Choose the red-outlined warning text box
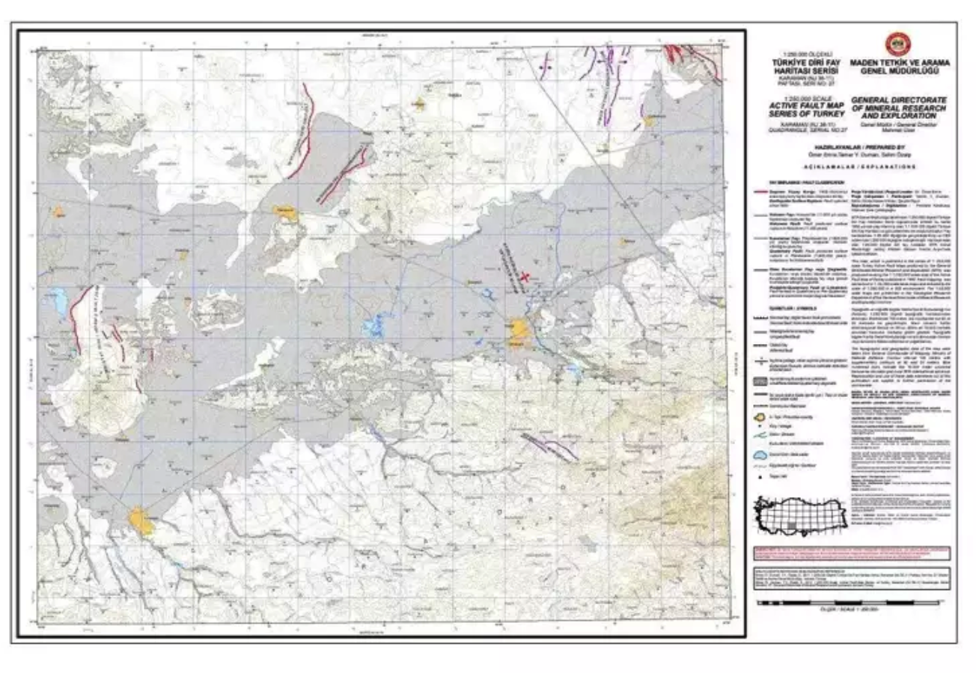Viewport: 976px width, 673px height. coord(851,553)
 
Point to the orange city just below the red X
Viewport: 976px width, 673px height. coord(517,329)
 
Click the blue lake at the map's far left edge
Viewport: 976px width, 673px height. coord(58,301)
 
